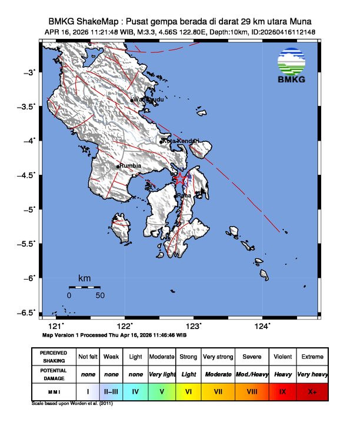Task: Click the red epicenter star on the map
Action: coord(181,178)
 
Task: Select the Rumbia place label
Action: coord(131,166)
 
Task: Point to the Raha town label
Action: coord(184,195)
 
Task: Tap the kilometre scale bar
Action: coord(84,287)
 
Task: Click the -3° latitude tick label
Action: coord(29,72)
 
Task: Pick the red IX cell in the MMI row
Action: coord(282,390)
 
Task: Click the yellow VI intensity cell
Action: coord(188,390)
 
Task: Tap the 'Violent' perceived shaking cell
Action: coord(282,357)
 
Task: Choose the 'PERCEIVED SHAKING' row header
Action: coord(54,357)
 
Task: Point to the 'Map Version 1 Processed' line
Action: coord(114,334)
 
